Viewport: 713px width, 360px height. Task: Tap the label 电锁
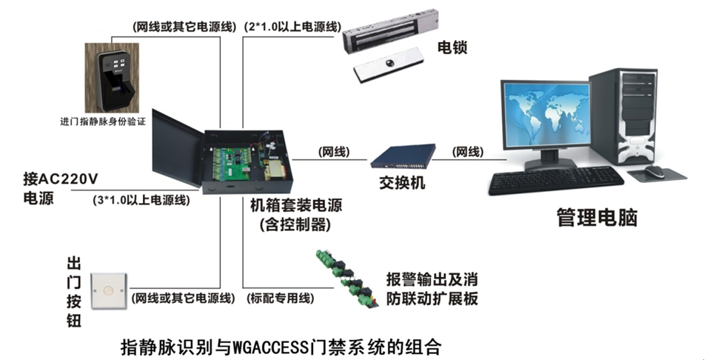pyautogui.click(x=452, y=47)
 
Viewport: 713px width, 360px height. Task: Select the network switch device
pyautogui.click(x=403, y=156)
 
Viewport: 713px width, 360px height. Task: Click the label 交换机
pyautogui.click(x=403, y=182)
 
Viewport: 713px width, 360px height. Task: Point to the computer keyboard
pyautogui.click(x=556, y=180)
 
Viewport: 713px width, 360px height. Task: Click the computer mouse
pyautogui.click(x=655, y=172)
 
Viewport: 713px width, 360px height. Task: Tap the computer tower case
pyautogui.click(x=624, y=116)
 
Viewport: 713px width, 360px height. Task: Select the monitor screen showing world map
pyautogui.click(x=546, y=114)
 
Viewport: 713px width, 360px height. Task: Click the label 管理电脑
pyautogui.click(x=597, y=217)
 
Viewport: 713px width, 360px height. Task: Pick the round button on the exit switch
pyautogui.click(x=108, y=290)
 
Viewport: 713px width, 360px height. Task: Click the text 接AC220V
pyautogui.click(x=61, y=179)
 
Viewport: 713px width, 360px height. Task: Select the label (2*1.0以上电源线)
pyautogui.click(x=292, y=27)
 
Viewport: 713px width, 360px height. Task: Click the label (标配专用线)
pyautogui.click(x=280, y=298)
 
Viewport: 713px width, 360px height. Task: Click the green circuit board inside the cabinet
pyautogui.click(x=230, y=163)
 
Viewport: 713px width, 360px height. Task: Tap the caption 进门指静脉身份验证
pyautogui.click(x=103, y=121)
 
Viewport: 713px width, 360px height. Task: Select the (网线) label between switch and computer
pyautogui.click(x=468, y=152)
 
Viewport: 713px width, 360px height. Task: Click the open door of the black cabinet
pyautogui.click(x=176, y=148)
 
